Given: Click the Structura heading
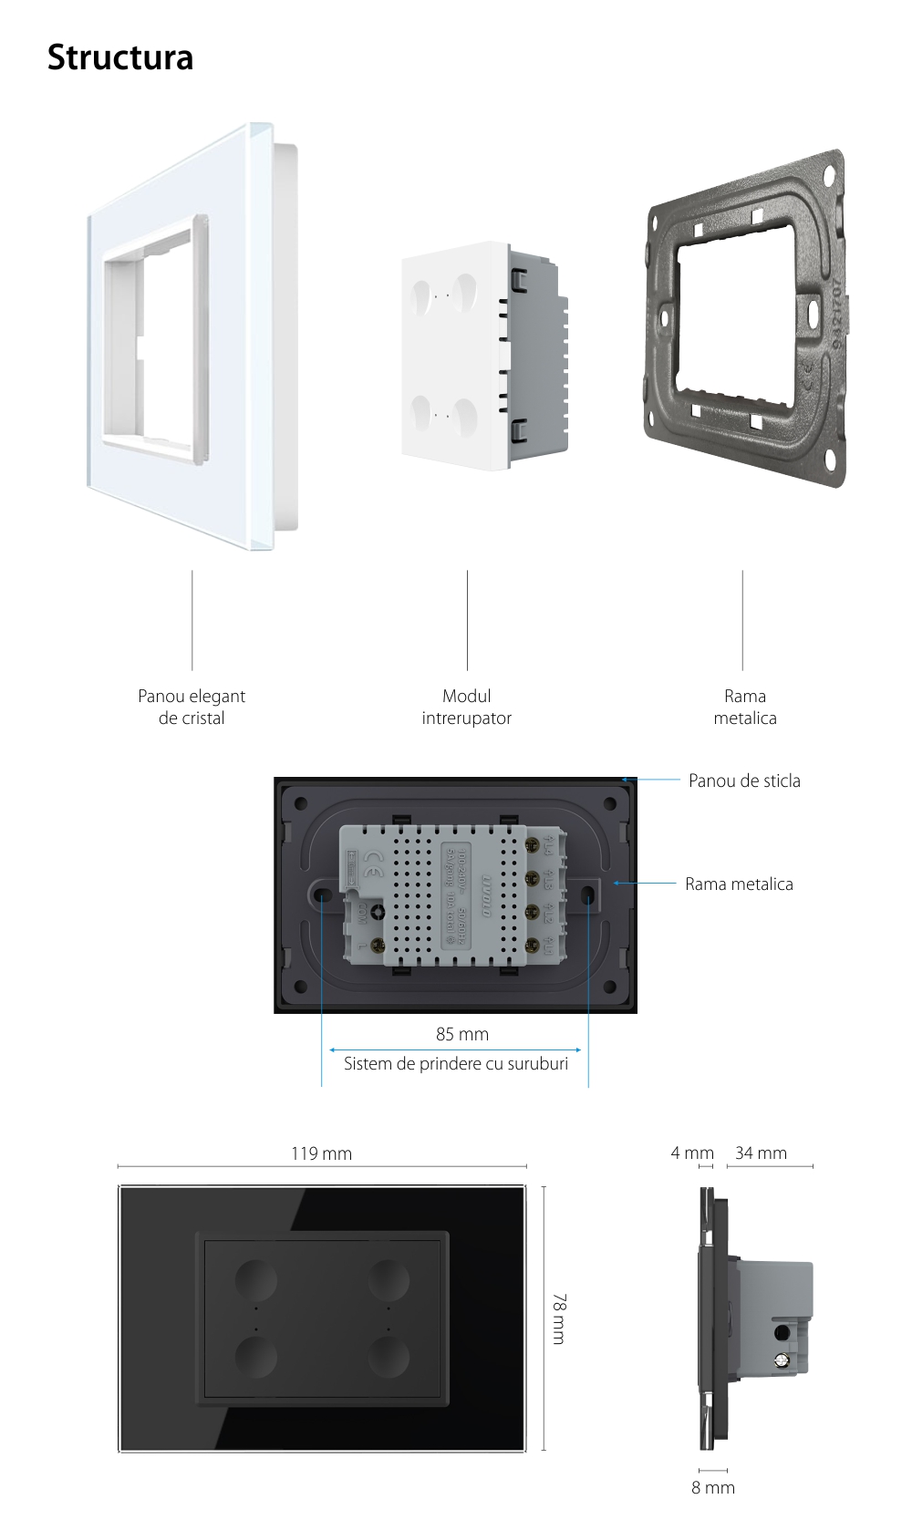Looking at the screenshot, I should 119,57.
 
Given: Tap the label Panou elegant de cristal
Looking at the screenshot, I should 192,707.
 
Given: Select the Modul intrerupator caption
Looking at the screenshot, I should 466,707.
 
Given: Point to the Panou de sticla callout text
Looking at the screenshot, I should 744,781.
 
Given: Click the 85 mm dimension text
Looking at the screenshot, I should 461,1034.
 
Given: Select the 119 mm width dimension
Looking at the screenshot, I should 321,1153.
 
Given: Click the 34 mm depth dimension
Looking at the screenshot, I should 761,1153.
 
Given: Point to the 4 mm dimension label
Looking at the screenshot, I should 691,1153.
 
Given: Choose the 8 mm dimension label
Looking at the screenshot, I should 712,1487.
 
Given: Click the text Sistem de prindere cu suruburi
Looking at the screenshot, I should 455,1063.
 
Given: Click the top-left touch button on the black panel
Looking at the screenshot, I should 256,1279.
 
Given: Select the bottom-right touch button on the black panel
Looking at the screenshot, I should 388,1360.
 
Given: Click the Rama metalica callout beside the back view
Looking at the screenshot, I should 739,884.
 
